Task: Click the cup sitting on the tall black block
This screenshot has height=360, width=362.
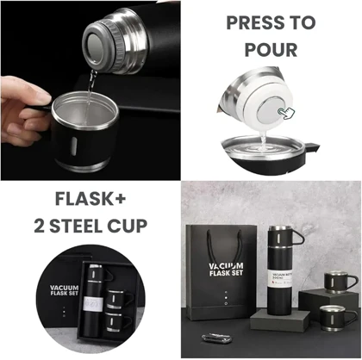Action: pos(339,281)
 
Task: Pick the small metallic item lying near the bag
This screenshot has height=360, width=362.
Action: pos(217,338)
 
